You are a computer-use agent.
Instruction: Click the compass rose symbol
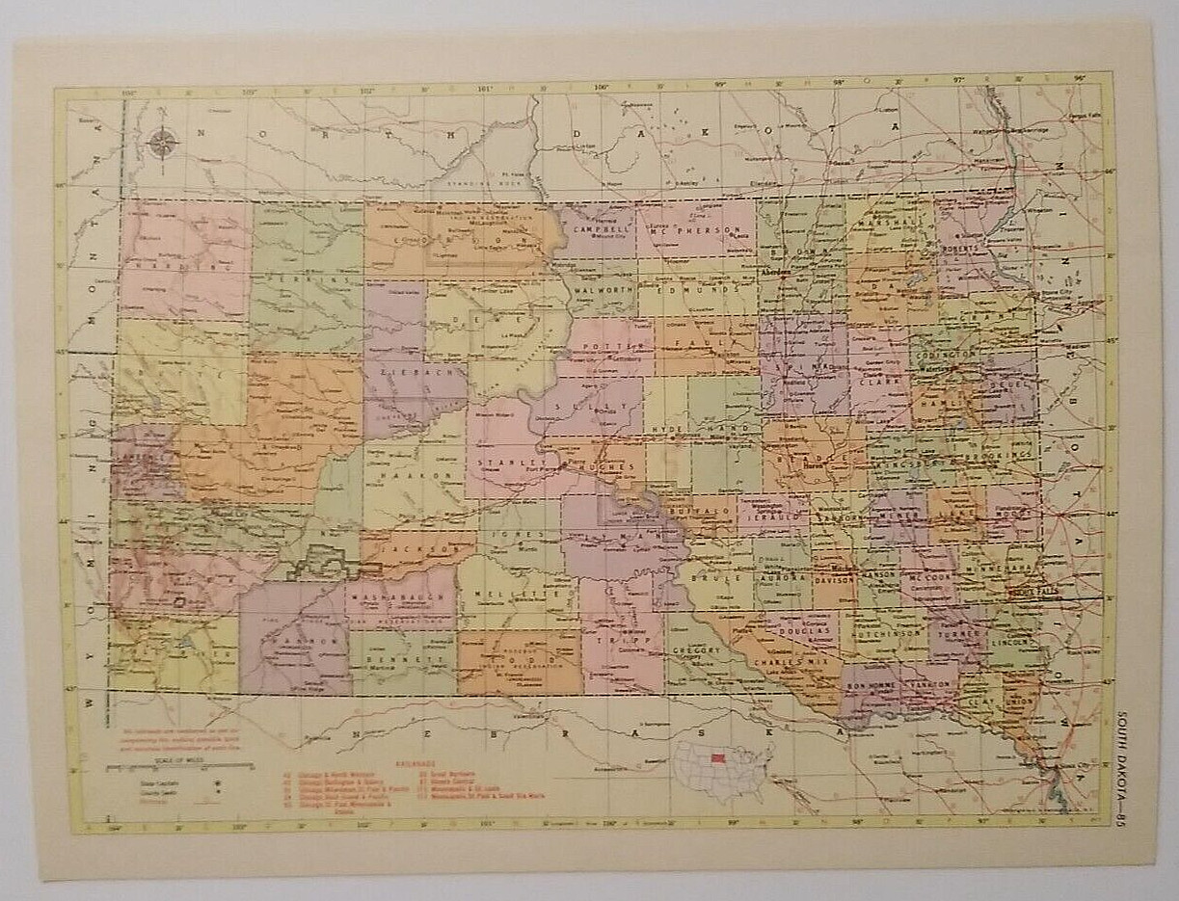pyautogui.click(x=162, y=144)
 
